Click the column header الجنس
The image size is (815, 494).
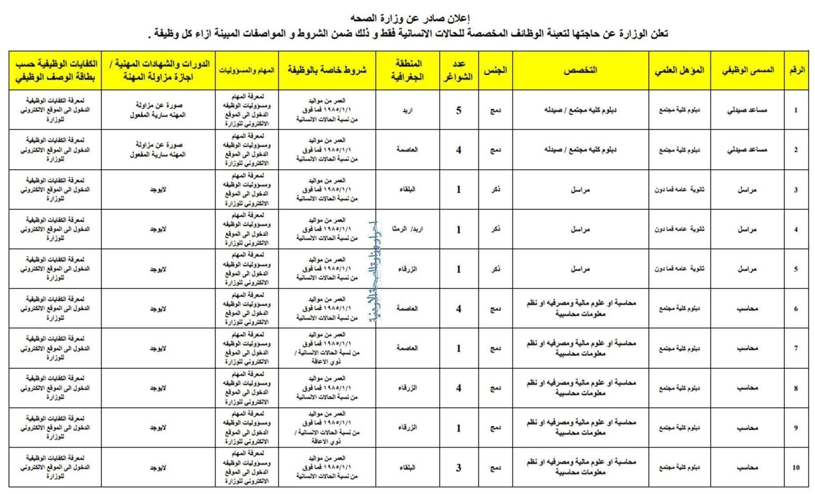pos(495,71)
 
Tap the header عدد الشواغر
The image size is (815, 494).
pos(459,71)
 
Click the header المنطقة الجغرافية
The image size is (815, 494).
pos(407,71)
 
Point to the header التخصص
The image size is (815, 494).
pos(580,71)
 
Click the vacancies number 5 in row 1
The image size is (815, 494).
pos(459,110)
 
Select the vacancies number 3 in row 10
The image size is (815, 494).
pos(459,467)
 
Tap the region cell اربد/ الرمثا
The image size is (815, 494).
pos(407,229)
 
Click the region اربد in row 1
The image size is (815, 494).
pos(407,110)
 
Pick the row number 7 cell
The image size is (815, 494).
pos(796,348)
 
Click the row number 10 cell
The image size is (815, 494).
pos(796,467)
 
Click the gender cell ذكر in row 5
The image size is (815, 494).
pos(495,269)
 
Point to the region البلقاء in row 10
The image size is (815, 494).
pos(407,467)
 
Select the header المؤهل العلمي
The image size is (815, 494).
pos(679,71)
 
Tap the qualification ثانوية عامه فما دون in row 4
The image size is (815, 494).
pos(679,229)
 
